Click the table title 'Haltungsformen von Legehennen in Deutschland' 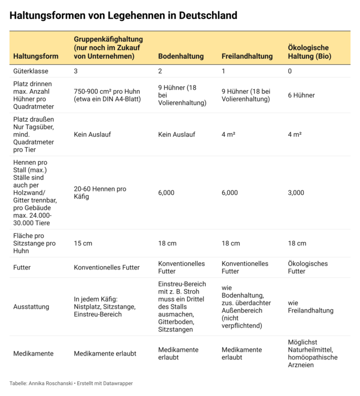(123, 15)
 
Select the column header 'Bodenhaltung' (181, 56)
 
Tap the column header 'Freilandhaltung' (247, 56)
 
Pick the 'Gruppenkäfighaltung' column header (109, 47)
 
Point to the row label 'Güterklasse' (32, 71)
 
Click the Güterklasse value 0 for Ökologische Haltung (290, 71)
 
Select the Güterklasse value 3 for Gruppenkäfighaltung (76, 71)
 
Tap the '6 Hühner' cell (301, 95)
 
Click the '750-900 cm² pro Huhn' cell (107, 95)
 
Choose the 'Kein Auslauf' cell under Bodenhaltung (176, 134)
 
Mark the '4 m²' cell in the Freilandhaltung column (229, 134)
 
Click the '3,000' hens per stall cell (296, 193)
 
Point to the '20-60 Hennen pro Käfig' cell (100, 193)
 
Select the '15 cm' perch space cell (83, 243)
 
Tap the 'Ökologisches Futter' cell (308, 267)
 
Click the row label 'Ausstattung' (31, 307)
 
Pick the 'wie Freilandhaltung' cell (310, 307)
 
